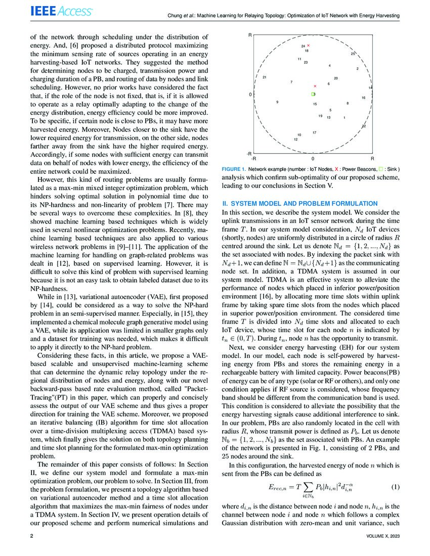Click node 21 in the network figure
pyautogui.click(x=265, y=77)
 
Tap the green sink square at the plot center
pyautogui.click(x=313, y=95)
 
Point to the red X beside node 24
pyautogui.click(x=309, y=46)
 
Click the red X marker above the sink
pyautogui.click(x=315, y=86)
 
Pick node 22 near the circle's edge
pyautogui.click(x=364, y=126)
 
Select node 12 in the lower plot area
pyautogui.click(x=295, y=139)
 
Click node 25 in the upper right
pyautogui.click(x=353, y=54)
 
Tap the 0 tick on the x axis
pyautogui.click(x=313, y=158)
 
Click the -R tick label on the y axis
pyautogui.click(x=249, y=153)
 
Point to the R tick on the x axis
pyautogui.click(x=372, y=158)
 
